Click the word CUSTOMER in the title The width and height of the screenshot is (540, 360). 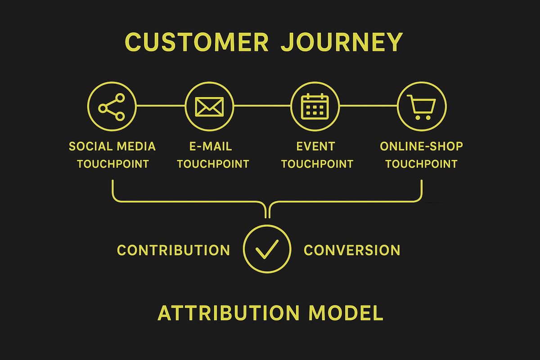click(x=197, y=42)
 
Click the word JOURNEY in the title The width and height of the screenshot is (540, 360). click(x=341, y=42)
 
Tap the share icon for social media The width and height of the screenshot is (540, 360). click(x=112, y=106)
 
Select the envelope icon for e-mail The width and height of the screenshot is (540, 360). click(x=209, y=106)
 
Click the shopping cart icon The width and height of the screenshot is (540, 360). click(x=421, y=106)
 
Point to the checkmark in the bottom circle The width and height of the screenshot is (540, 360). click(x=267, y=248)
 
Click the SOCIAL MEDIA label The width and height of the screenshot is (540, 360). click(x=112, y=146)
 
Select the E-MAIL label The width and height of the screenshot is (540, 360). click(x=211, y=146)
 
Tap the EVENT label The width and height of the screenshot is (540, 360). click(x=315, y=146)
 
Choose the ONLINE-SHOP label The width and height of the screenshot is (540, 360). click(x=421, y=146)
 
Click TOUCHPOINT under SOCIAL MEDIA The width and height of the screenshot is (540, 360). click(x=112, y=164)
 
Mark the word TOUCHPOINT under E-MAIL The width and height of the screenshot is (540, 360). click(x=213, y=164)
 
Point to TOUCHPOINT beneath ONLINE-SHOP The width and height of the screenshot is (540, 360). click(x=421, y=164)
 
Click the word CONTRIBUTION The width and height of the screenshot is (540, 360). click(x=173, y=250)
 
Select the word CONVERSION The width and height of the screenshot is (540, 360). click(x=352, y=250)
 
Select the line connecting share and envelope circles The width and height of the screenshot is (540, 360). click(x=160, y=106)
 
